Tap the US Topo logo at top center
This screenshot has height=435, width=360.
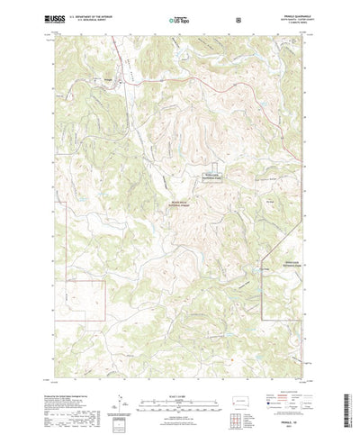(x=178, y=18)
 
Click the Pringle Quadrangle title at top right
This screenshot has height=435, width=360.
(x=285, y=15)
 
